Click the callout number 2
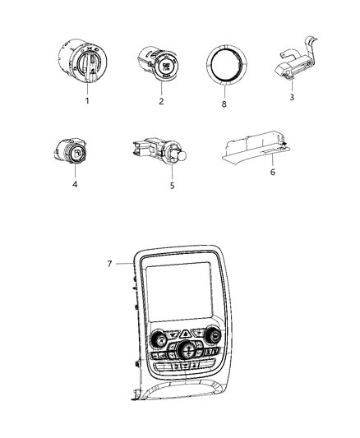pos(161,101)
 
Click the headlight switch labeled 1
pos(84,62)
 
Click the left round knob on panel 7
pos(156,338)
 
